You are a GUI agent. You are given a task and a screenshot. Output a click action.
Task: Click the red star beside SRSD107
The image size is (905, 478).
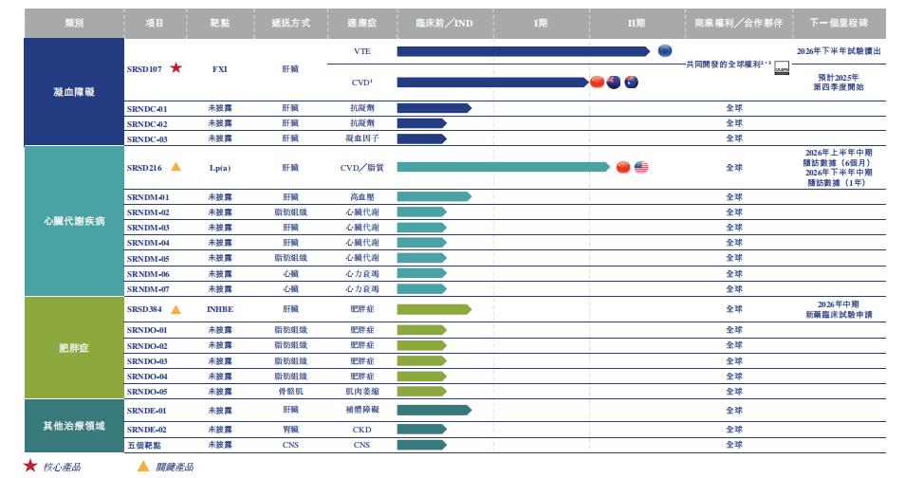pyautogui.click(x=176, y=68)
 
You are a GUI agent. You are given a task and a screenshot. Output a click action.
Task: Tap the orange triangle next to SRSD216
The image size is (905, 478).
pyautogui.click(x=176, y=168)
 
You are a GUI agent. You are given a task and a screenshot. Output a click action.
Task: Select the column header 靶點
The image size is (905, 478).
pyautogui.click(x=220, y=21)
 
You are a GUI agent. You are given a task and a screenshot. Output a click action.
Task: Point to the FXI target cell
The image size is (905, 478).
pyautogui.click(x=220, y=68)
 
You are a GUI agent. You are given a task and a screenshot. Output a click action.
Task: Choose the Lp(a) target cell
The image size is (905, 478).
pyautogui.click(x=220, y=168)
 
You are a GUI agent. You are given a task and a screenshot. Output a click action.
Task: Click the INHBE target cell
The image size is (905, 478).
pyautogui.click(x=220, y=309)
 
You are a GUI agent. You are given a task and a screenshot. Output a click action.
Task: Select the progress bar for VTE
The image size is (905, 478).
pyautogui.click(x=523, y=51)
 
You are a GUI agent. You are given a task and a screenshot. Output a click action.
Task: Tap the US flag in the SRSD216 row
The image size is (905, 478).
pyautogui.click(x=640, y=168)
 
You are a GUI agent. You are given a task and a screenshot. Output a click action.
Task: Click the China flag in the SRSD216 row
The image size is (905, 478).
pyautogui.click(x=622, y=168)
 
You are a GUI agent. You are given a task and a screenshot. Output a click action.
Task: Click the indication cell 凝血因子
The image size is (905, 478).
pyautogui.click(x=361, y=138)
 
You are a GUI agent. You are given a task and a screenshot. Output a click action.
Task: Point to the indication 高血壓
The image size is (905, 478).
pyautogui.click(x=361, y=197)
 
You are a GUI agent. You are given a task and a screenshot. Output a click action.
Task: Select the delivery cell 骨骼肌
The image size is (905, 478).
pyautogui.click(x=290, y=391)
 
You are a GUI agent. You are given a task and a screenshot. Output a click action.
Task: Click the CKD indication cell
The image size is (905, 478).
pyautogui.click(x=361, y=429)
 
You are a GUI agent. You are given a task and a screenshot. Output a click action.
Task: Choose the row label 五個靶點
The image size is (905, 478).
pyautogui.click(x=144, y=444)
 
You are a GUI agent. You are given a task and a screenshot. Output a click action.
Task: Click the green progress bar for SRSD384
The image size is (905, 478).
pyautogui.click(x=434, y=309)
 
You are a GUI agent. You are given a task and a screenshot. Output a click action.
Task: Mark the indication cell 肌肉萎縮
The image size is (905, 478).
pyautogui.click(x=361, y=391)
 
